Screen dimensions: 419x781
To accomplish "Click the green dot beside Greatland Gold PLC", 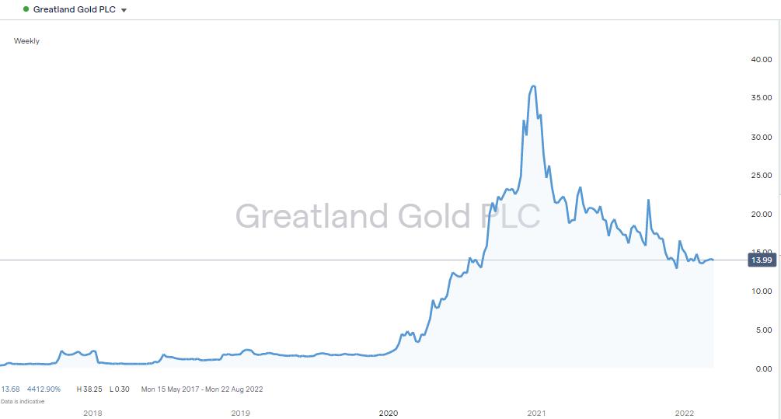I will click(x=26, y=9).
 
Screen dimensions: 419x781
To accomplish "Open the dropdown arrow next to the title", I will click(x=124, y=10).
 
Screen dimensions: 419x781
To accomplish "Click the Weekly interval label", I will click(x=26, y=41).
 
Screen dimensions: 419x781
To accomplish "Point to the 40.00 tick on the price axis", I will click(x=760, y=60).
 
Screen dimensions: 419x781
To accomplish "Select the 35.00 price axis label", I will click(x=760, y=98).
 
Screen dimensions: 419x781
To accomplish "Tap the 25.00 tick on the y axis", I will click(x=760, y=176).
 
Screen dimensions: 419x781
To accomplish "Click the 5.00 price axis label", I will click(x=762, y=330).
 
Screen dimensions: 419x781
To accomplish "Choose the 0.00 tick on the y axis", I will click(x=762, y=368).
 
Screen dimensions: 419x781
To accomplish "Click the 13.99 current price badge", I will click(x=762, y=260).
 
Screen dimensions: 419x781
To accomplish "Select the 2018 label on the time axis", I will click(x=92, y=413).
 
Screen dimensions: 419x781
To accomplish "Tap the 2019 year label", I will click(x=240, y=413).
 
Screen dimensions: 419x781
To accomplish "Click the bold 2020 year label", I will click(x=388, y=413).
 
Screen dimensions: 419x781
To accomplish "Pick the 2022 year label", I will click(x=685, y=413).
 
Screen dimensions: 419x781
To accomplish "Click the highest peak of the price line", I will click(x=533, y=86).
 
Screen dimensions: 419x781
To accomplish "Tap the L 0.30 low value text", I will click(x=119, y=389).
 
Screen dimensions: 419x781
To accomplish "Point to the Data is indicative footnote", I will click(x=23, y=401).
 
